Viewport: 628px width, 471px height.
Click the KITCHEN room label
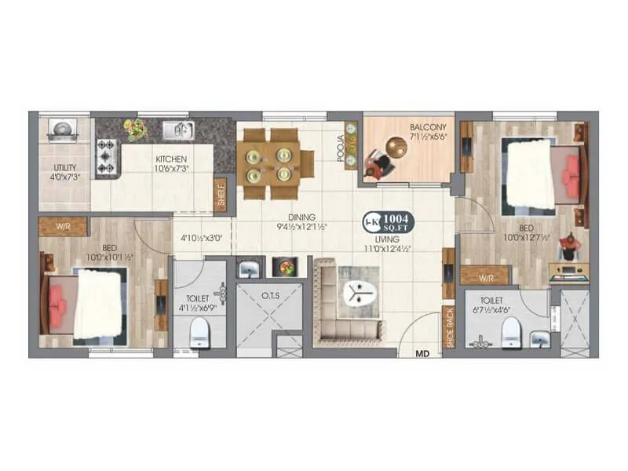tap(170, 157)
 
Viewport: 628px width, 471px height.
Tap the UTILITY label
tap(64, 168)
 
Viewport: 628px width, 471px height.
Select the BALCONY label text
tap(427, 127)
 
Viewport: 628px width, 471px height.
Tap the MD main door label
tap(422, 354)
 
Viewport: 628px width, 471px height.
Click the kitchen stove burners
tap(106, 155)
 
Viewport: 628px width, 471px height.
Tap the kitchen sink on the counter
tap(178, 130)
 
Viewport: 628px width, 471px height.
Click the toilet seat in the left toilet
tap(199, 332)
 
